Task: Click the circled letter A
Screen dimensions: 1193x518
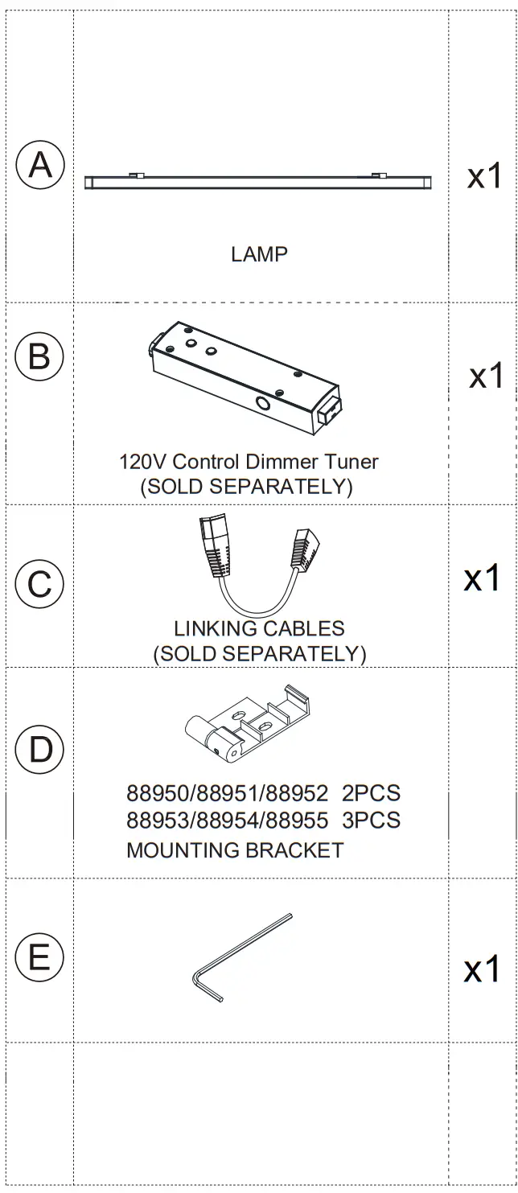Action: (x=39, y=166)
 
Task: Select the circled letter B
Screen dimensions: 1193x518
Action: (x=39, y=356)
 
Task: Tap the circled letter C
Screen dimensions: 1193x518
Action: (x=39, y=583)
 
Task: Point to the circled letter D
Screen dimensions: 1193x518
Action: (x=39, y=750)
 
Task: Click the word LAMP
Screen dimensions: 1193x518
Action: (x=259, y=254)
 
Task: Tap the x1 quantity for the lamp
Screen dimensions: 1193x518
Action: (x=485, y=175)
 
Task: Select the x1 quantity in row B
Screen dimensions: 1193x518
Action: (x=487, y=375)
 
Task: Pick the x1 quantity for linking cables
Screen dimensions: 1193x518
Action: (x=483, y=578)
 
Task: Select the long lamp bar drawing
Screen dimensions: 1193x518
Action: (x=259, y=182)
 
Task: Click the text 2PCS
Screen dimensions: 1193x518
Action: (x=371, y=794)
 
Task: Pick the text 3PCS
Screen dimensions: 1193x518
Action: (x=371, y=821)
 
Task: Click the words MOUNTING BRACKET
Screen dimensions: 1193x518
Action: (x=235, y=849)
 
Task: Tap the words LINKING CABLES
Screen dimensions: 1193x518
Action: (x=259, y=628)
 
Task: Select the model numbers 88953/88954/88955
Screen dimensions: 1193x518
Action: (x=228, y=821)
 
